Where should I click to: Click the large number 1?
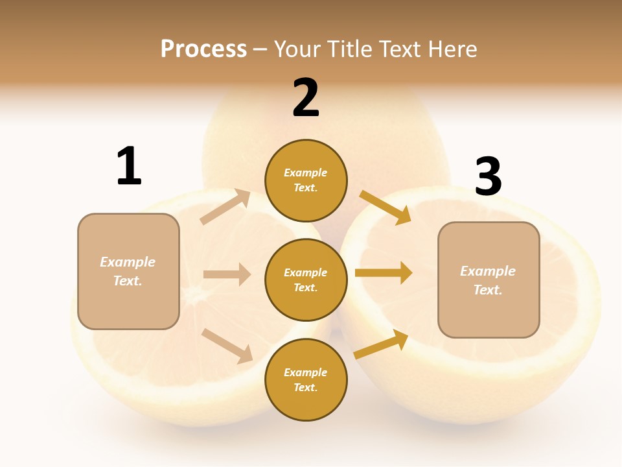129,166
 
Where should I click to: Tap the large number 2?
306,98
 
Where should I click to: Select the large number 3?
488,177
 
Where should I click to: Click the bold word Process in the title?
203,49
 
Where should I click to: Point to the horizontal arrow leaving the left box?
227,274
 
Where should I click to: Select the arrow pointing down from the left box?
227,345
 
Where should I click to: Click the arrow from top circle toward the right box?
386,207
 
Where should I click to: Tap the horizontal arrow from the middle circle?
384,273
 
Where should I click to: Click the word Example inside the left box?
128,262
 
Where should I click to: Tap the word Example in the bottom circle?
306,372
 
